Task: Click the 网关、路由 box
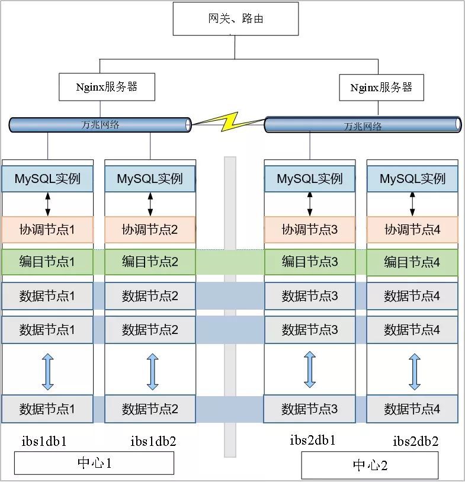point(235,18)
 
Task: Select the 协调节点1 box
point(47,229)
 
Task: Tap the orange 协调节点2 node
point(150,229)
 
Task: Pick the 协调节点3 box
point(310,229)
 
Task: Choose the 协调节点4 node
point(412,229)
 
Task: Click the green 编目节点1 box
point(47,262)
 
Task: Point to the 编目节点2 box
point(150,262)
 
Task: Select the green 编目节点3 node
point(310,262)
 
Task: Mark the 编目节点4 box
point(412,262)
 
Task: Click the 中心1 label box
point(94,463)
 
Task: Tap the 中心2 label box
point(370,465)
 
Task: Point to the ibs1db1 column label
point(44,441)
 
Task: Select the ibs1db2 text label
point(153,441)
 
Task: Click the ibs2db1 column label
point(313,440)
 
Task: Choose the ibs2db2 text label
point(416,441)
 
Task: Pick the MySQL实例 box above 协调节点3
point(310,179)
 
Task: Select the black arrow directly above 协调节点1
point(48,204)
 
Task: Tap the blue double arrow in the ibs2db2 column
point(415,371)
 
